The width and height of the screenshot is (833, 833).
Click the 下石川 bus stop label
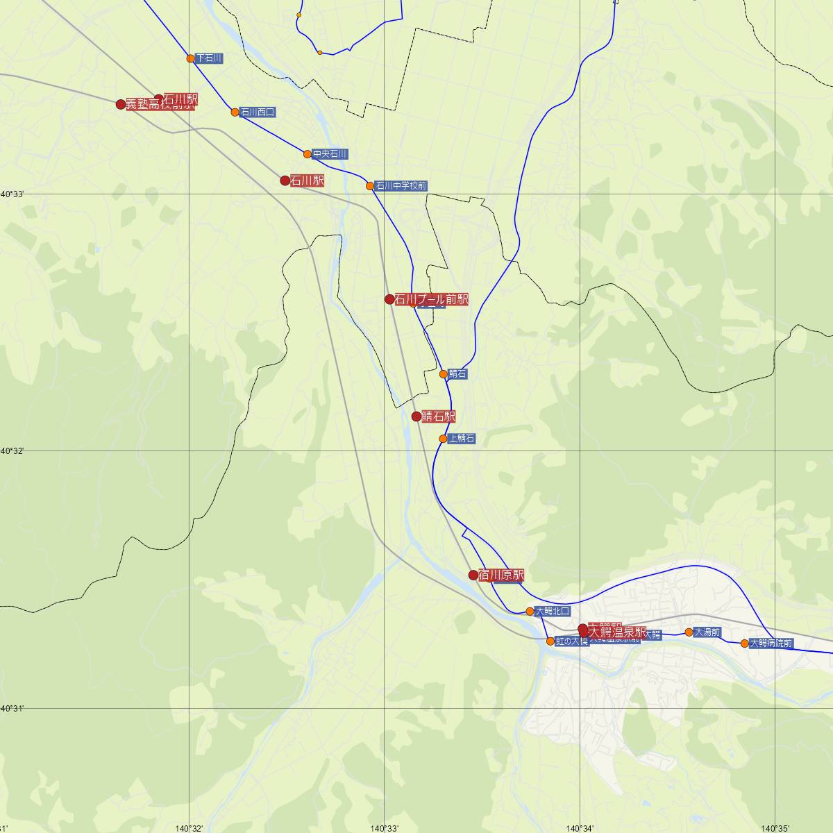[209, 58]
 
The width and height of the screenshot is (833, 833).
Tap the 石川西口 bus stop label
[258, 112]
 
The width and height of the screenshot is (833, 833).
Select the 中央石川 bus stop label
[330, 154]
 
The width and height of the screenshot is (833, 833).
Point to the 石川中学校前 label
[401, 186]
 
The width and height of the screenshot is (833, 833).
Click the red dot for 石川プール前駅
[389, 299]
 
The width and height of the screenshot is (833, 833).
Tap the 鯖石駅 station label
[439, 416]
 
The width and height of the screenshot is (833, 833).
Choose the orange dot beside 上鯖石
[443, 439]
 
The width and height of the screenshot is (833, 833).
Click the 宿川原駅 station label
[501, 575]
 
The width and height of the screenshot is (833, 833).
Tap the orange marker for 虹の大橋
[550, 641]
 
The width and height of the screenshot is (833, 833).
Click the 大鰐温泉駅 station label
[617, 632]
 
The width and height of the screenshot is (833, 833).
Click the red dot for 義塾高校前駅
[121, 104]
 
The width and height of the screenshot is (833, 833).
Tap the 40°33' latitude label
[12, 194]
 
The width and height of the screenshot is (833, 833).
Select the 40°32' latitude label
[12, 451]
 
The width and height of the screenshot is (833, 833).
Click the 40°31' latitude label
[12, 708]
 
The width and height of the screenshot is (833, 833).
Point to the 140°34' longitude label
[580, 828]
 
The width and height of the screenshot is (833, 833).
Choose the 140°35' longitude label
[775, 828]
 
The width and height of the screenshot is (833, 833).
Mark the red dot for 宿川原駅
[473, 575]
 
